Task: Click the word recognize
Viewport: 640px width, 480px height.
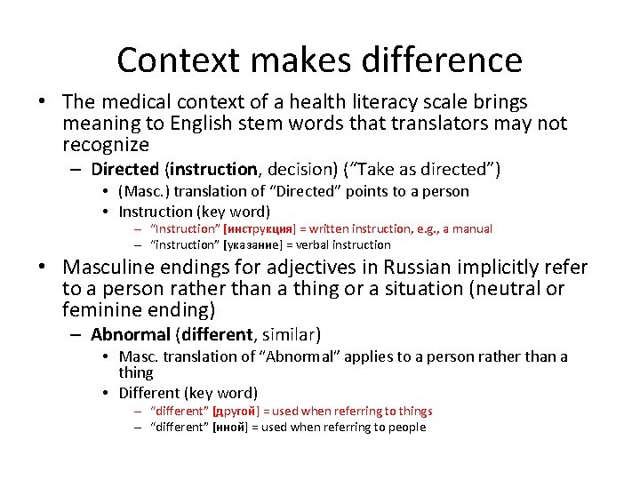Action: click(106, 144)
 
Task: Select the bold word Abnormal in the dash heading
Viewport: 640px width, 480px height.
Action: click(130, 335)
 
